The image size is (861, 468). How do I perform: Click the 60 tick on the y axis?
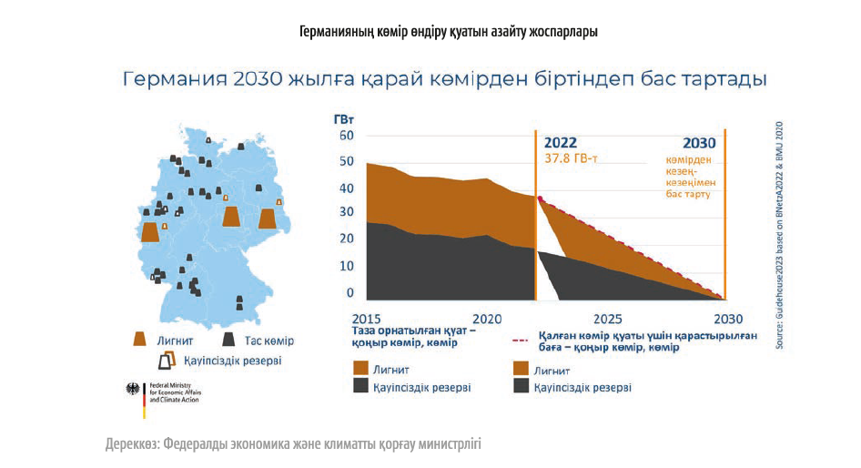[x=346, y=136]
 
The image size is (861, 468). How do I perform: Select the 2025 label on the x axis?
[x=608, y=320]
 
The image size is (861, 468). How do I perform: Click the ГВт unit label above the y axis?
[x=344, y=119]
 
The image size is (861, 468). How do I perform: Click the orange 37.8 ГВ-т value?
[x=571, y=158]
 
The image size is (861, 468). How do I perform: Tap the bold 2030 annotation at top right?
[x=699, y=143]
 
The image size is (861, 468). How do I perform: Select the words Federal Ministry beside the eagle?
[x=170, y=385]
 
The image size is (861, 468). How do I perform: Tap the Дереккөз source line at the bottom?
[x=292, y=444]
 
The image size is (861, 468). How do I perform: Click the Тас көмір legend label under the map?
[x=269, y=341]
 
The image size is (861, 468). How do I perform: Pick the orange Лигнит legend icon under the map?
[x=140, y=340]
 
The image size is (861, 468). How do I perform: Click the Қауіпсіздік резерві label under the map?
[x=232, y=361]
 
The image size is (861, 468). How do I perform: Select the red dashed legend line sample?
[x=522, y=341]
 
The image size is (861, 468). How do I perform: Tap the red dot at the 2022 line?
[x=541, y=198]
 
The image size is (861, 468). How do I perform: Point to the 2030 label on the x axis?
[x=727, y=320]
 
